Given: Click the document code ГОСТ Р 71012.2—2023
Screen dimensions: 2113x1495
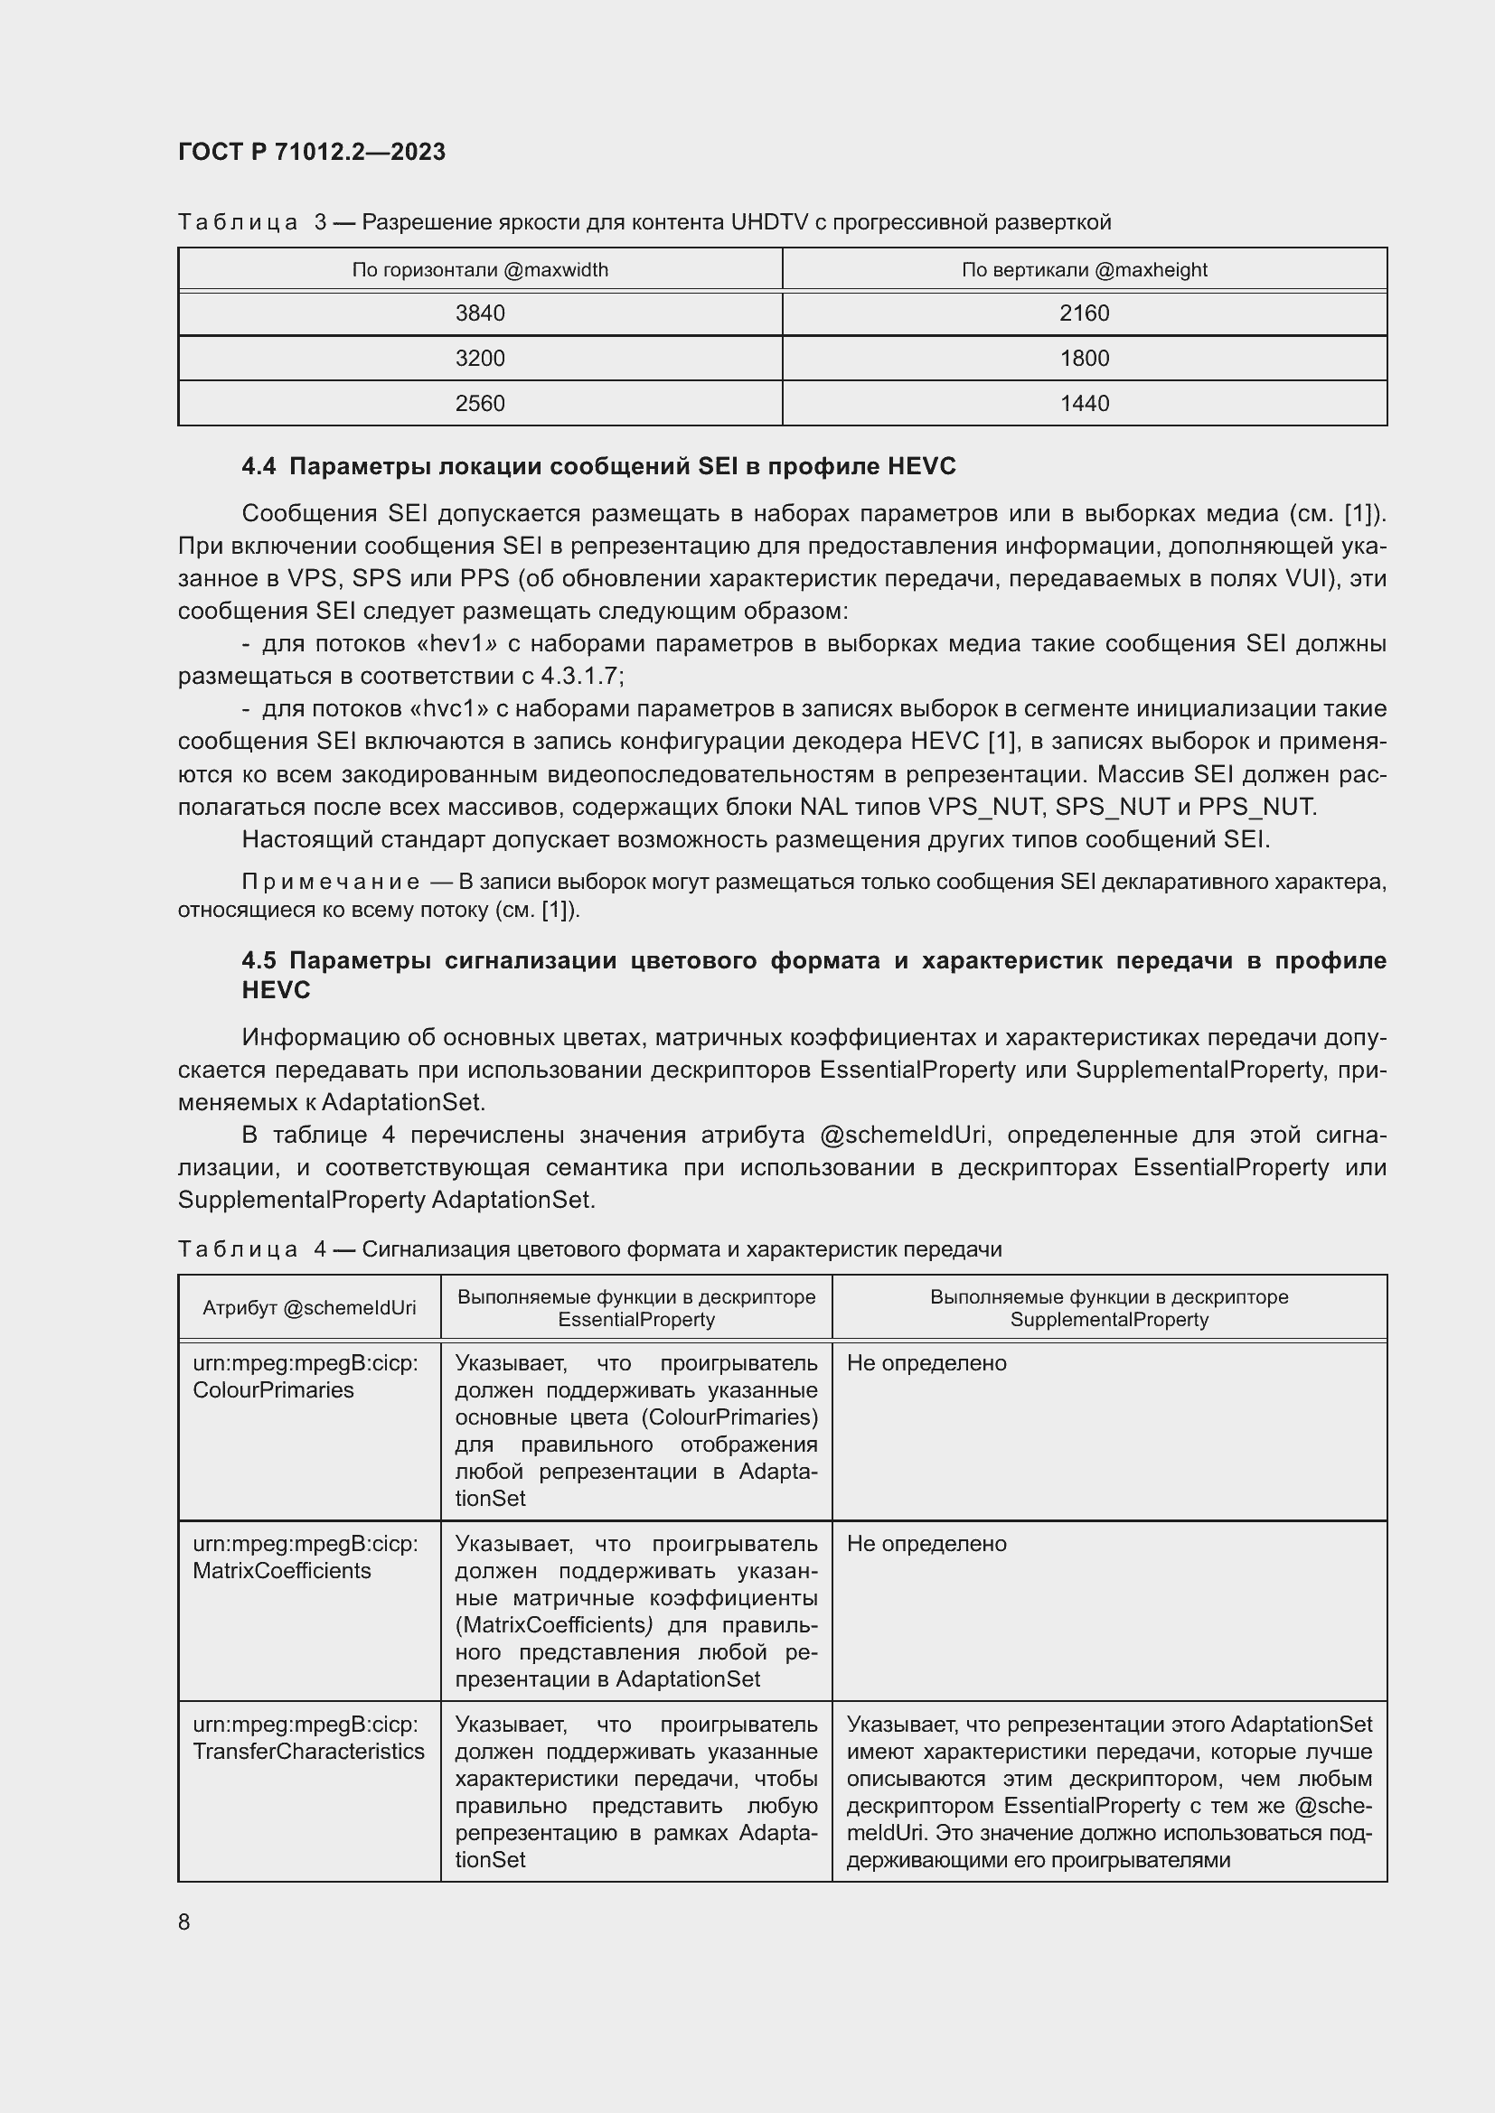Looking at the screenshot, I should (x=311, y=152).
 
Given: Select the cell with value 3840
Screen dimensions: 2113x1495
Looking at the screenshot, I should (x=480, y=313).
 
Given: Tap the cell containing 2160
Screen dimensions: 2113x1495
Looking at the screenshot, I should (x=1084, y=313).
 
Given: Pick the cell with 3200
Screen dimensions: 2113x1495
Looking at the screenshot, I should (x=480, y=358).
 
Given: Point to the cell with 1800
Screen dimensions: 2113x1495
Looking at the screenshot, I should (x=1084, y=358).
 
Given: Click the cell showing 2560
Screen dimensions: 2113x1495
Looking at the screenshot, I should (x=480, y=403).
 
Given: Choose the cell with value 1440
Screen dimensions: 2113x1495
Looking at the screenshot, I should (x=1084, y=403).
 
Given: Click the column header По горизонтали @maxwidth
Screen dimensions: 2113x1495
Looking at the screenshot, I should (x=480, y=269).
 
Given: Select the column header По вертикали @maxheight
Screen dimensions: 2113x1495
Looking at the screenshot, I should (x=1084, y=269).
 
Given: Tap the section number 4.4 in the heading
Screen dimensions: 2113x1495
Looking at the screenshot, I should (x=259, y=466).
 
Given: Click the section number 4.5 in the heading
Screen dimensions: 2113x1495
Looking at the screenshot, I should (x=259, y=960).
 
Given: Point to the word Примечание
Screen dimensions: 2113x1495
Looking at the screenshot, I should (x=331, y=882).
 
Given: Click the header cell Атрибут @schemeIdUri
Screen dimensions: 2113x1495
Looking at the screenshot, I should (x=309, y=1308).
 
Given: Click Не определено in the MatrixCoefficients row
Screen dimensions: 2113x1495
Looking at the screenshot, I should (x=926, y=1543).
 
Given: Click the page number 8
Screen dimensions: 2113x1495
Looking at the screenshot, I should (x=184, y=1921).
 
